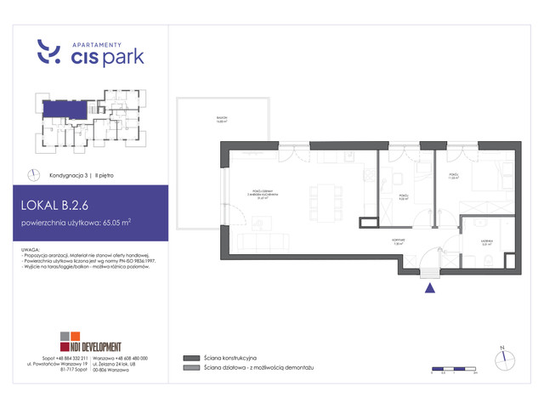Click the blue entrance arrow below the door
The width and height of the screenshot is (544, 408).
pos(429,288)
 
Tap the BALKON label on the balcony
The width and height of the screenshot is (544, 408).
pos(222,122)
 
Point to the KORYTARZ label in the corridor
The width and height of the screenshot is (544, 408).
pos(397,241)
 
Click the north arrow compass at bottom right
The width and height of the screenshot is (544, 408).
pos(502,352)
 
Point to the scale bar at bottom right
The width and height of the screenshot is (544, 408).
pos(454,370)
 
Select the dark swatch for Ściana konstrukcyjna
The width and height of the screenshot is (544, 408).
pos(190,358)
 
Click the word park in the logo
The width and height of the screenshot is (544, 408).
pos(122,58)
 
